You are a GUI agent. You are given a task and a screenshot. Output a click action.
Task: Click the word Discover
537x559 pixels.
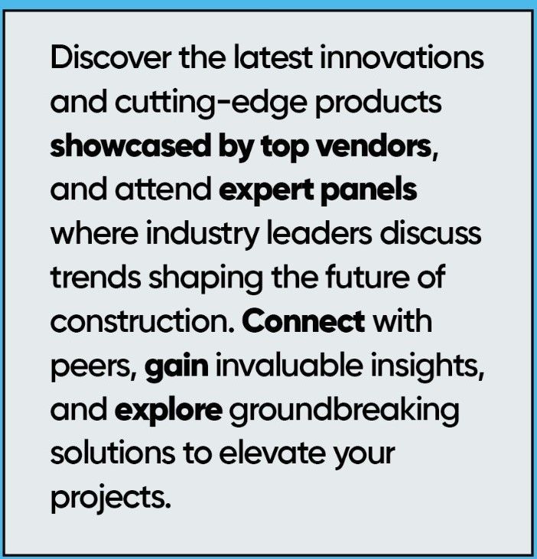[x=111, y=58]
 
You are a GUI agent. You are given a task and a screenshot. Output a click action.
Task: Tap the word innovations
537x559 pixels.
[x=402, y=58]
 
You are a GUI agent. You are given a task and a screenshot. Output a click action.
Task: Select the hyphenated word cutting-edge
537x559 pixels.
[x=210, y=103]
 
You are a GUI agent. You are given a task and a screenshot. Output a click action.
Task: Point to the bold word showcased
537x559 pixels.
[x=131, y=146]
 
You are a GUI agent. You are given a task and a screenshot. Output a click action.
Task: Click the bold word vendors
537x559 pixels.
[x=378, y=146]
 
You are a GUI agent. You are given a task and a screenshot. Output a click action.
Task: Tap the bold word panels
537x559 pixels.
[x=369, y=189]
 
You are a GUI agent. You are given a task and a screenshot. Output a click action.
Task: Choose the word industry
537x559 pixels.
[x=202, y=235]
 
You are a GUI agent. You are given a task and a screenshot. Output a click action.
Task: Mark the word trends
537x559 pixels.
[x=96, y=278]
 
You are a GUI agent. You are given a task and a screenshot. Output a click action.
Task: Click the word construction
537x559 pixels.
[x=142, y=322]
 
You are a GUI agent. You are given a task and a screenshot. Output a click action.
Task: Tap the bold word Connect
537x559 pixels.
[x=304, y=322]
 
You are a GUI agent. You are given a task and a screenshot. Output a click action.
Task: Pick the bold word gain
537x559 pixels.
[x=177, y=367]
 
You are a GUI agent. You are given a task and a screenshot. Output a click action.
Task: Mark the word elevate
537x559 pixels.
[x=272, y=454]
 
